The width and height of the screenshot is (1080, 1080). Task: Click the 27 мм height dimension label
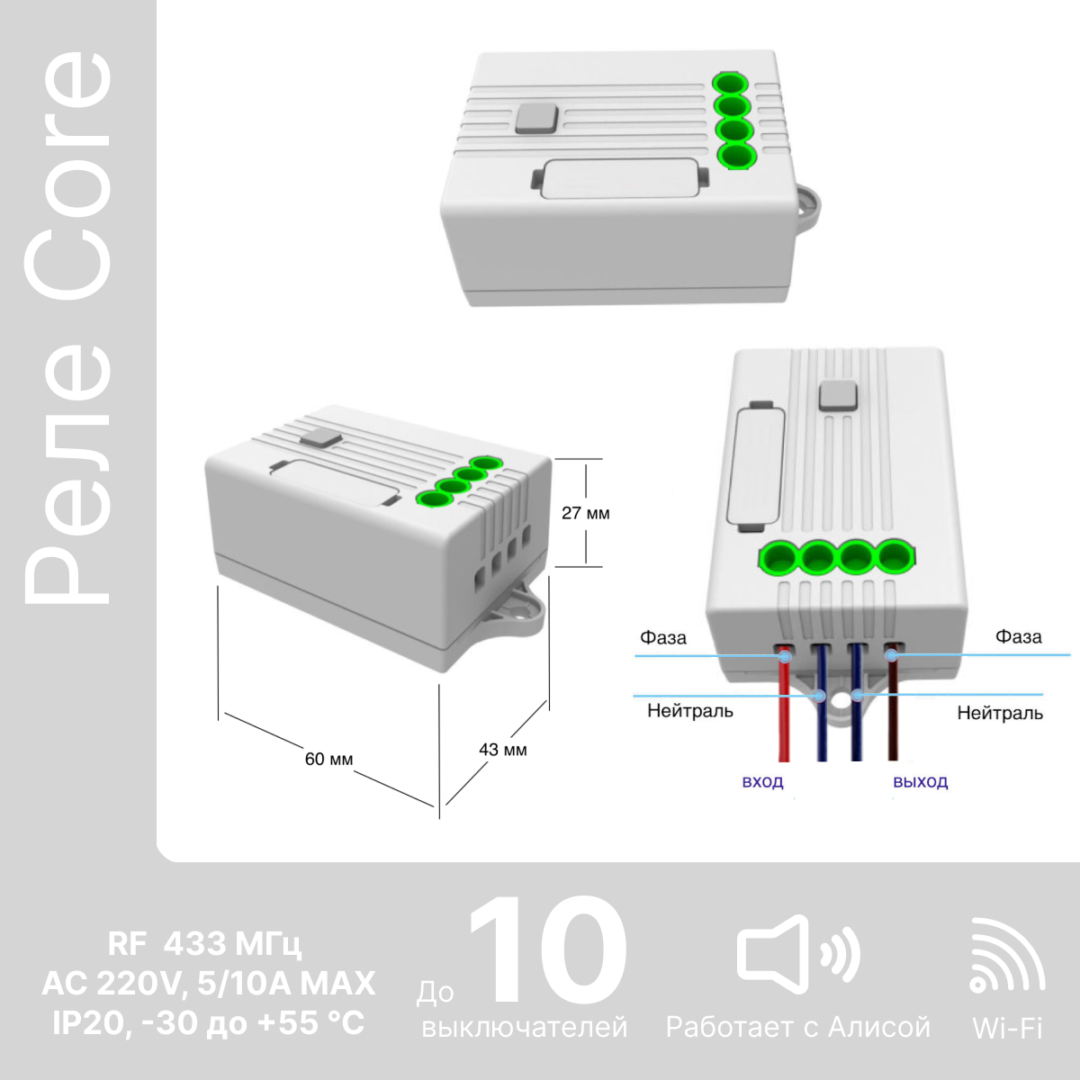point(586,513)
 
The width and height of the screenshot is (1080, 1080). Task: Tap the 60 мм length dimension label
point(329,759)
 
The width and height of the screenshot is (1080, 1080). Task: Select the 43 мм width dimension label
point(503,750)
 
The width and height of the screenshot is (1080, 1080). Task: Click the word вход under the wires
point(762,782)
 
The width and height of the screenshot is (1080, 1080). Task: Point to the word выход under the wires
point(921,782)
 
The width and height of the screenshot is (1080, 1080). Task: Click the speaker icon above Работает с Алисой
point(798,955)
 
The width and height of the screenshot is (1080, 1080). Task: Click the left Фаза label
point(663,638)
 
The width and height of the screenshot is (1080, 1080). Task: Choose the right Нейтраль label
point(1000,713)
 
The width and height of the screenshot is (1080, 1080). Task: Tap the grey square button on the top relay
point(537,119)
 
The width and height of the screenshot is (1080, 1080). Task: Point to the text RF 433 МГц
point(205,944)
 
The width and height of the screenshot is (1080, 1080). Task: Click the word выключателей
point(525,1027)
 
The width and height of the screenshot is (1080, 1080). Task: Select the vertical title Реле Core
point(68,328)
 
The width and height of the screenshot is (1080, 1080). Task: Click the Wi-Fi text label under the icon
point(1007,1028)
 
